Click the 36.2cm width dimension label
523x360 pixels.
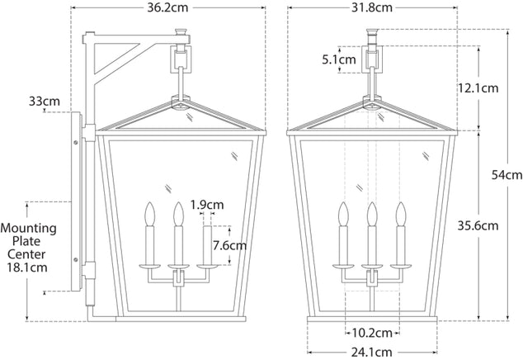click(167, 7)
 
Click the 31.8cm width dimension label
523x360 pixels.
click(372, 7)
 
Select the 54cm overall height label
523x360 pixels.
click(507, 175)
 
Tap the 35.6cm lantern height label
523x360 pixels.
click(478, 225)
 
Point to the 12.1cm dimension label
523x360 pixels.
click(478, 88)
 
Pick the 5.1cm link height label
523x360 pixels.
click(339, 59)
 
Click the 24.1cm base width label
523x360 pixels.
click(371, 352)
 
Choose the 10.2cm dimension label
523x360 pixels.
click(372, 333)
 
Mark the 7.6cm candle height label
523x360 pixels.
click(229, 246)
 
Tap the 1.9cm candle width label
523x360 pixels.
click(207, 205)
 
